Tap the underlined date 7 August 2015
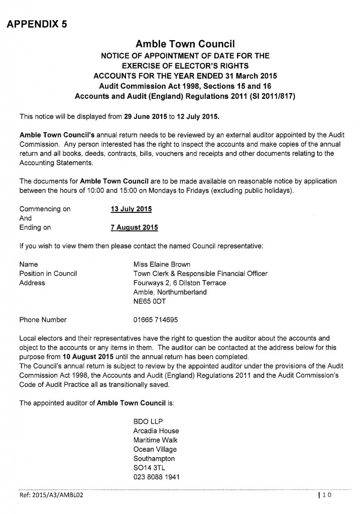[x=134, y=227]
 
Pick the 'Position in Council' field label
[x=48, y=274]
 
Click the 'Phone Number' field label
[x=43, y=319]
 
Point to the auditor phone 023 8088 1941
[x=157, y=476]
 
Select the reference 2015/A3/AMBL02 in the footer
[x=50, y=495]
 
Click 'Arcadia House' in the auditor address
[x=156, y=431]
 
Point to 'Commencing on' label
[x=45, y=208]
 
